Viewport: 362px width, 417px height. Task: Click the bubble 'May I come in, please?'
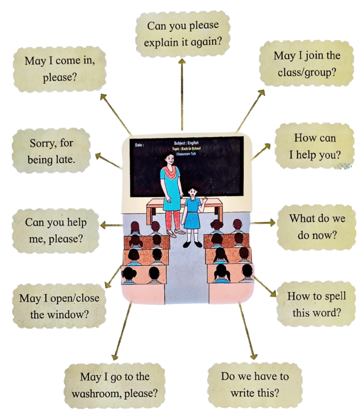click(59, 69)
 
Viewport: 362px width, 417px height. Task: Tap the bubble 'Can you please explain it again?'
click(182, 34)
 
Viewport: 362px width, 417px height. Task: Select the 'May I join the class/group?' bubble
click(306, 64)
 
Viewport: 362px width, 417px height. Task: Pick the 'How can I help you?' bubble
click(315, 146)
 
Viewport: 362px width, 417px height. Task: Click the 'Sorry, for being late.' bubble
click(51, 151)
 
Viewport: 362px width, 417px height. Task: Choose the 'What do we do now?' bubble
click(317, 227)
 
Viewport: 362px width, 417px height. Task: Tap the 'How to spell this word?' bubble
click(316, 304)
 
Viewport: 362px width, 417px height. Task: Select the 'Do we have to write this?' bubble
click(255, 384)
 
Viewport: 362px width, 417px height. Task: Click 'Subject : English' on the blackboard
click(186, 143)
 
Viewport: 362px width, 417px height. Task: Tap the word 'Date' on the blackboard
click(139, 145)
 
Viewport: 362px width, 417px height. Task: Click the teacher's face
click(169, 159)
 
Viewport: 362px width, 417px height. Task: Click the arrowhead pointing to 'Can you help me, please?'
click(104, 225)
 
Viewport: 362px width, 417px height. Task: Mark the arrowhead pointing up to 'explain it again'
click(182, 62)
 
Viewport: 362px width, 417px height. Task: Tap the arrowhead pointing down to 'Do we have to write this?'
click(254, 356)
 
